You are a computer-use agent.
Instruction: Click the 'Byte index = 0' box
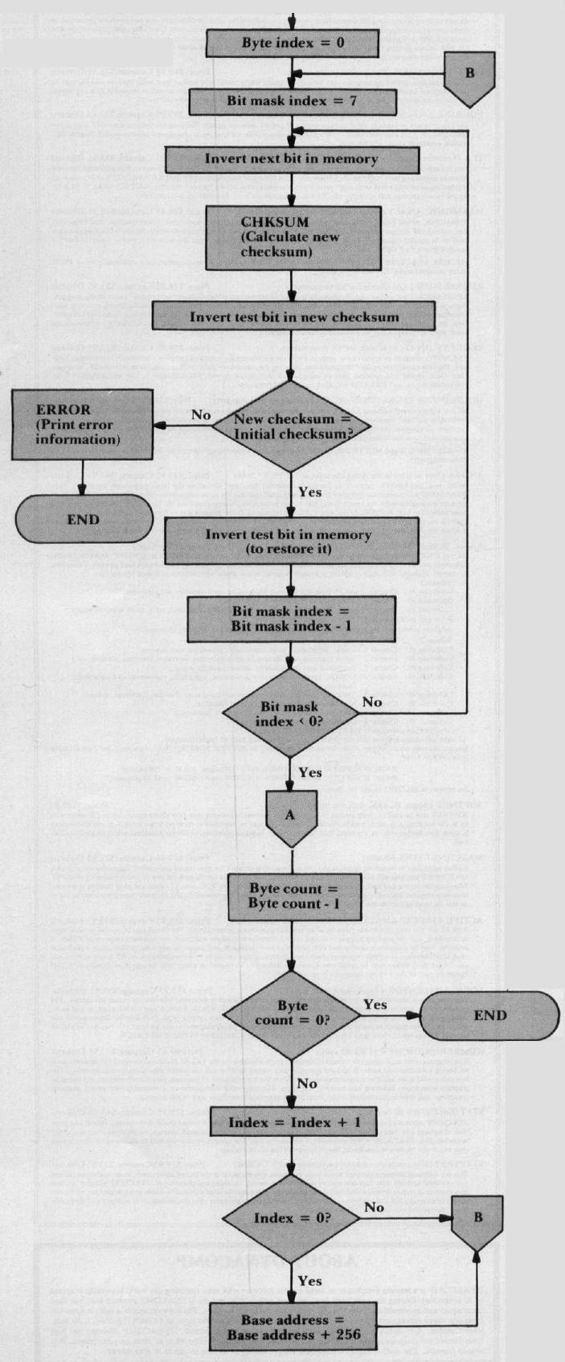click(x=293, y=43)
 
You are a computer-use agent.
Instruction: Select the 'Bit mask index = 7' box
click(x=293, y=101)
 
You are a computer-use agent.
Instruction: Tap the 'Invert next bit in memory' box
click(x=293, y=158)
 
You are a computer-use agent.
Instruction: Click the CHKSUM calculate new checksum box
click(x=293, y=237)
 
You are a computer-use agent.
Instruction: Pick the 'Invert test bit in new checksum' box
click(x=294, y=316)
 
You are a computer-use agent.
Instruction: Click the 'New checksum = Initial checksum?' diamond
click(x=293, y=426)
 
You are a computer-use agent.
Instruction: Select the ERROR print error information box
click(x=72, y=425)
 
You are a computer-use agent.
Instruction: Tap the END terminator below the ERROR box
click(x=84, y=520)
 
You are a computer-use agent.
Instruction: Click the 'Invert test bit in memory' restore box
click(x=293, y=541)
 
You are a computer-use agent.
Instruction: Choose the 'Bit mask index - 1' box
click(x=293, y=619)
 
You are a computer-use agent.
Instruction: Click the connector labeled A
click(x=291, y=816)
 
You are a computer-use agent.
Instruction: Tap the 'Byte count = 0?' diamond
click(x=293, y=1014)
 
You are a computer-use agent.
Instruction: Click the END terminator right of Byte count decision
click(x=489, y=1015)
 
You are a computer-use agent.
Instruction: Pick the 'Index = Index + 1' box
click(x=294, y=1122)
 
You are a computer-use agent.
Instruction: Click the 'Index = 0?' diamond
click(x=293, y=1218)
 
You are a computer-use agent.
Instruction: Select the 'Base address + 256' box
click(x=293, y=1327)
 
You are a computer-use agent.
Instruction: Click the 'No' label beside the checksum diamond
click(x=200, y=415)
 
